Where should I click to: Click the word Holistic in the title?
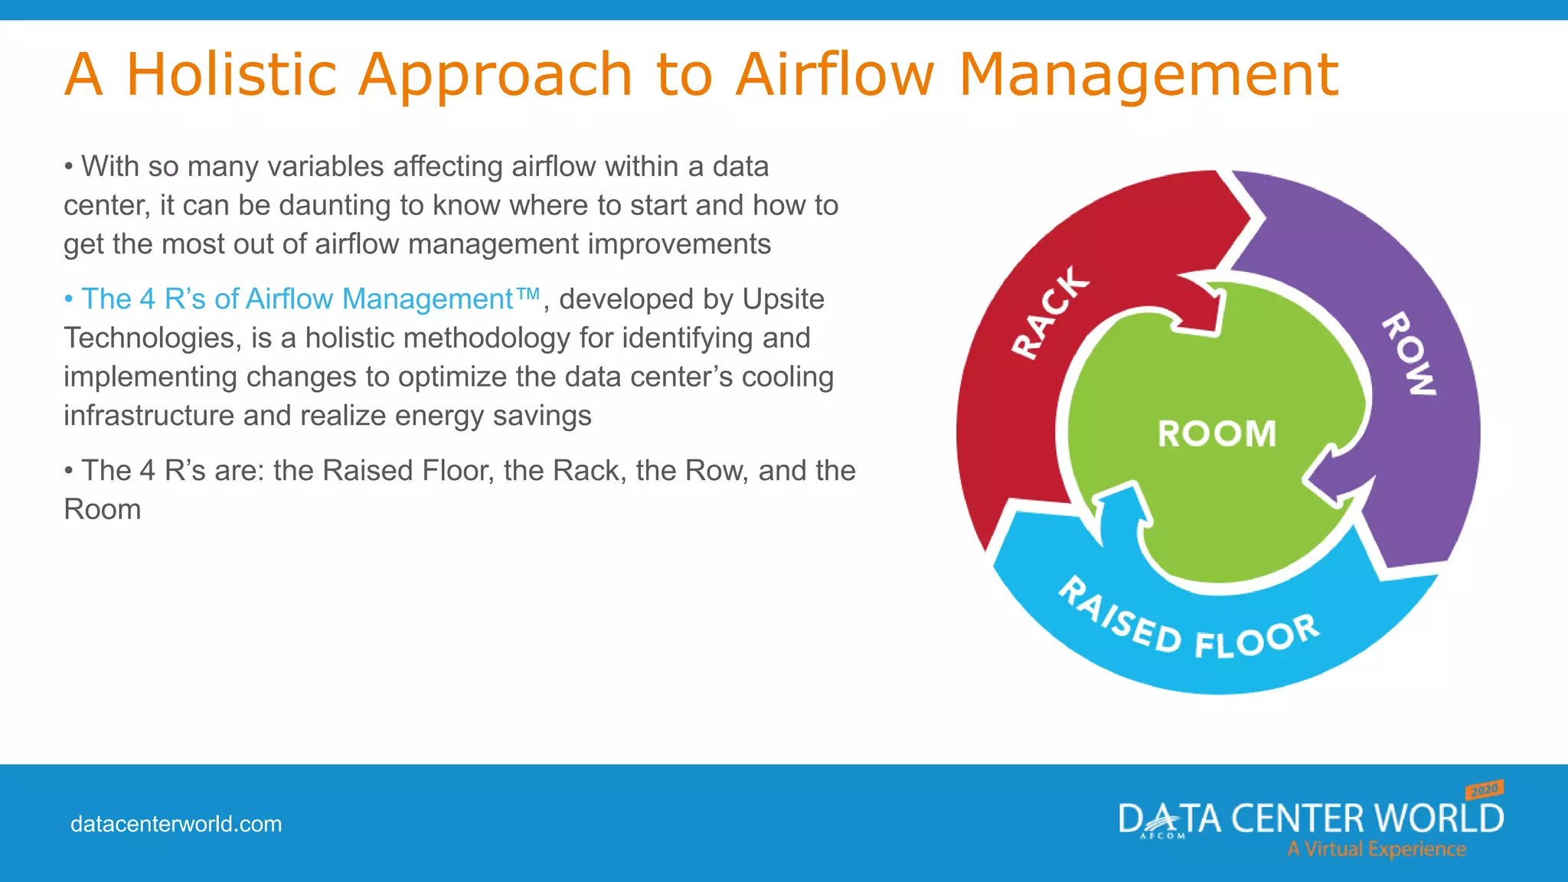click(231, 74)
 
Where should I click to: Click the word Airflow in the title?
click(835, 74)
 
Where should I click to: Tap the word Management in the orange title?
click(1148, 76)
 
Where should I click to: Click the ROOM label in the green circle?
click(1217, 434)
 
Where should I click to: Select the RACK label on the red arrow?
click(1050, 312)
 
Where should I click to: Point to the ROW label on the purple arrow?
click(1410, 354)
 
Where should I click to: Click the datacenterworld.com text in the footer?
click(176, 824)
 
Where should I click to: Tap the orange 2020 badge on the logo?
click(1485, 789)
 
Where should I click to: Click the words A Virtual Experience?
click(1376, 849)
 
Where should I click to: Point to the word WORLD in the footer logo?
click(1439, 818)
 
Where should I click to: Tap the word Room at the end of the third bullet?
click(103, 509)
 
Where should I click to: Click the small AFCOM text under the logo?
click(1162, 836)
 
